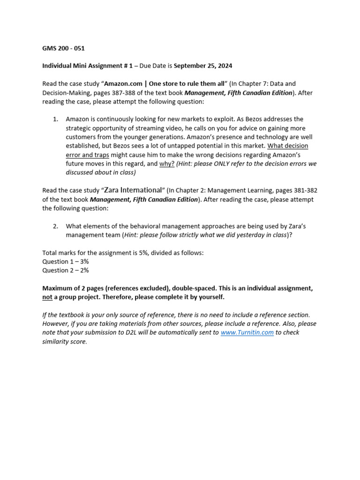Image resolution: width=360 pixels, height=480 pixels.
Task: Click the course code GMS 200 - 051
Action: coord(63,48)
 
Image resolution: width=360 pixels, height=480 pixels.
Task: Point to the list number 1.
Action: coord(55,119)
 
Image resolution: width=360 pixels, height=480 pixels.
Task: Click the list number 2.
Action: coord(55,226)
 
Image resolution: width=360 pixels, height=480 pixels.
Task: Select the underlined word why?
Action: coord(167,164)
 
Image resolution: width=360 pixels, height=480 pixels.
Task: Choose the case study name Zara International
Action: coord(133,190)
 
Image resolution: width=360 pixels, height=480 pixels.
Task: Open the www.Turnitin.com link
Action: coord(247,332)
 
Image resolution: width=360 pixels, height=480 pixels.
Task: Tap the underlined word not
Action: coord(47,297)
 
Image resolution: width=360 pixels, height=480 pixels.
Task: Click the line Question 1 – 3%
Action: coord(66,262)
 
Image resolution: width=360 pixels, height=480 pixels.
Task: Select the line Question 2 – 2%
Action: coord(66,270)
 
